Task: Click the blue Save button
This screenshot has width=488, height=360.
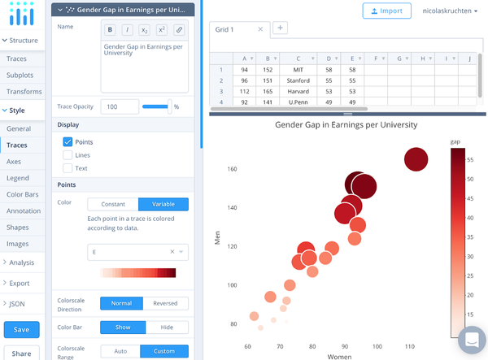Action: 21,329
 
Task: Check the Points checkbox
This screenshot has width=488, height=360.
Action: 68,142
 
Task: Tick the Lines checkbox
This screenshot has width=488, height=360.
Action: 68,155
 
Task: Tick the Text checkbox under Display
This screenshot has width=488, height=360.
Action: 68,168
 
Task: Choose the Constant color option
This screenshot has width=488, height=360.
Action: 113,204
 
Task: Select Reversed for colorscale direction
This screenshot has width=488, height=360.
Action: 165,303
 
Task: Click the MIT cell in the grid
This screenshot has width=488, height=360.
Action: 298,71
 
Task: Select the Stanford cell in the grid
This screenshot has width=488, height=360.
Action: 298,81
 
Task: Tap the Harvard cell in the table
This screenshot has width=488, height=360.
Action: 298,92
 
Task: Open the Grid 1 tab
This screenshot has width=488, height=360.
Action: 233,29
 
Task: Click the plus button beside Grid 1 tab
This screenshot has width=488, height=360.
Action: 280,28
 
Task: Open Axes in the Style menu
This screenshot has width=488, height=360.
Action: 14,162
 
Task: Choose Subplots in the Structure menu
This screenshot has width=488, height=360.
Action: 20,76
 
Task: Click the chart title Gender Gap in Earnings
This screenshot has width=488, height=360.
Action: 346,125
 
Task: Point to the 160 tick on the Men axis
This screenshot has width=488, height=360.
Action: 232,170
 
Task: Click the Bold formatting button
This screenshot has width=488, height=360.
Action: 111,30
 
